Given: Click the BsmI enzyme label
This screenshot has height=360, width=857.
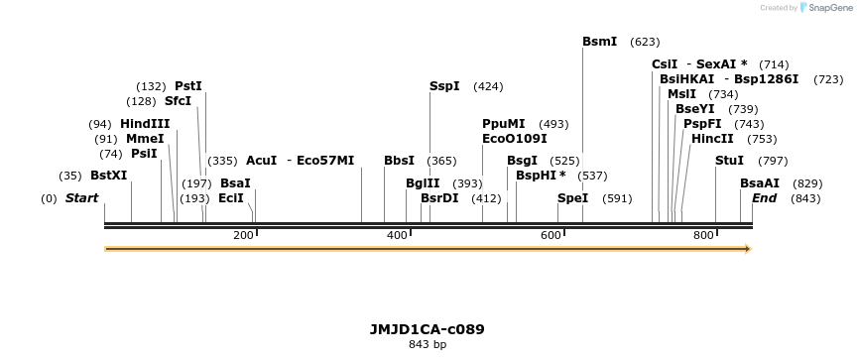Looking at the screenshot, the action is [599, 42].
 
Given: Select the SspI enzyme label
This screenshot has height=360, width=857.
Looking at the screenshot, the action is [444, 86].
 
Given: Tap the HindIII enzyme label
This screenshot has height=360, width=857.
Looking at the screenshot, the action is [145, 124].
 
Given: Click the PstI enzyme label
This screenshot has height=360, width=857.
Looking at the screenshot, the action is [187, 86].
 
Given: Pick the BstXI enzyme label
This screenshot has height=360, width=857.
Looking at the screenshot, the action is [108, 176].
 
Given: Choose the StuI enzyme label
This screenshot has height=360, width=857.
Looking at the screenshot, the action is [729, 161].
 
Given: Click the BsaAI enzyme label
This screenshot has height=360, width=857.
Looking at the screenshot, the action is [760, 183].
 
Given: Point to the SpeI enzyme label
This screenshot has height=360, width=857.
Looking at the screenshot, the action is [572, 198].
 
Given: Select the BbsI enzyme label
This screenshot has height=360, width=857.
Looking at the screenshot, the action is [399, 161].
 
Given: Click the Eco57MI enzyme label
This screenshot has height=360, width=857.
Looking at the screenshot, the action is [325, 161].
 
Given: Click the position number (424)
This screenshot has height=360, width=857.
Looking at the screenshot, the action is [488, 86].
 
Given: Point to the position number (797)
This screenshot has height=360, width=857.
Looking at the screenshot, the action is [773, 161].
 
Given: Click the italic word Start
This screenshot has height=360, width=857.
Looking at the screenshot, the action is [81, 198].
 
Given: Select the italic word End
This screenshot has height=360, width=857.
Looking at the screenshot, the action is [764, 198].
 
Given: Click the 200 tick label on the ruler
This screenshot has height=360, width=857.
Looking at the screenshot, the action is [243, 235].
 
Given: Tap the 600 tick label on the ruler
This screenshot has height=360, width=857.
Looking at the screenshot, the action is [551, 235].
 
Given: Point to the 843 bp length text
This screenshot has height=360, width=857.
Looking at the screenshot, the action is [428, 345].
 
